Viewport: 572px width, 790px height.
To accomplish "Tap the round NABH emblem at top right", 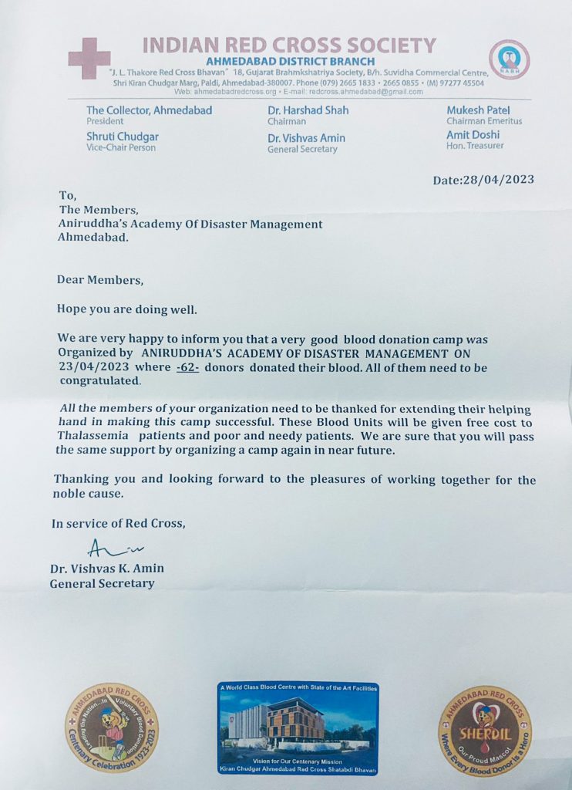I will click(510, 59).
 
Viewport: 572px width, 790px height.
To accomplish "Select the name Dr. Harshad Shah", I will click(308, 110).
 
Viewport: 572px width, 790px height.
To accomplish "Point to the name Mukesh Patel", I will click(478, 110).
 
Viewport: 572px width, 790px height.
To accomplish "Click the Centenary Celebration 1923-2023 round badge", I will click(111, 728).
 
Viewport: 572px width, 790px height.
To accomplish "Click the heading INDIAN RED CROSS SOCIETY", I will click(289, 45).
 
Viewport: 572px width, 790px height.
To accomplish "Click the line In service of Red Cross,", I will click(119, 524).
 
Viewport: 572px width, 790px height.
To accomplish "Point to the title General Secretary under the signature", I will click(102, 583).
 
